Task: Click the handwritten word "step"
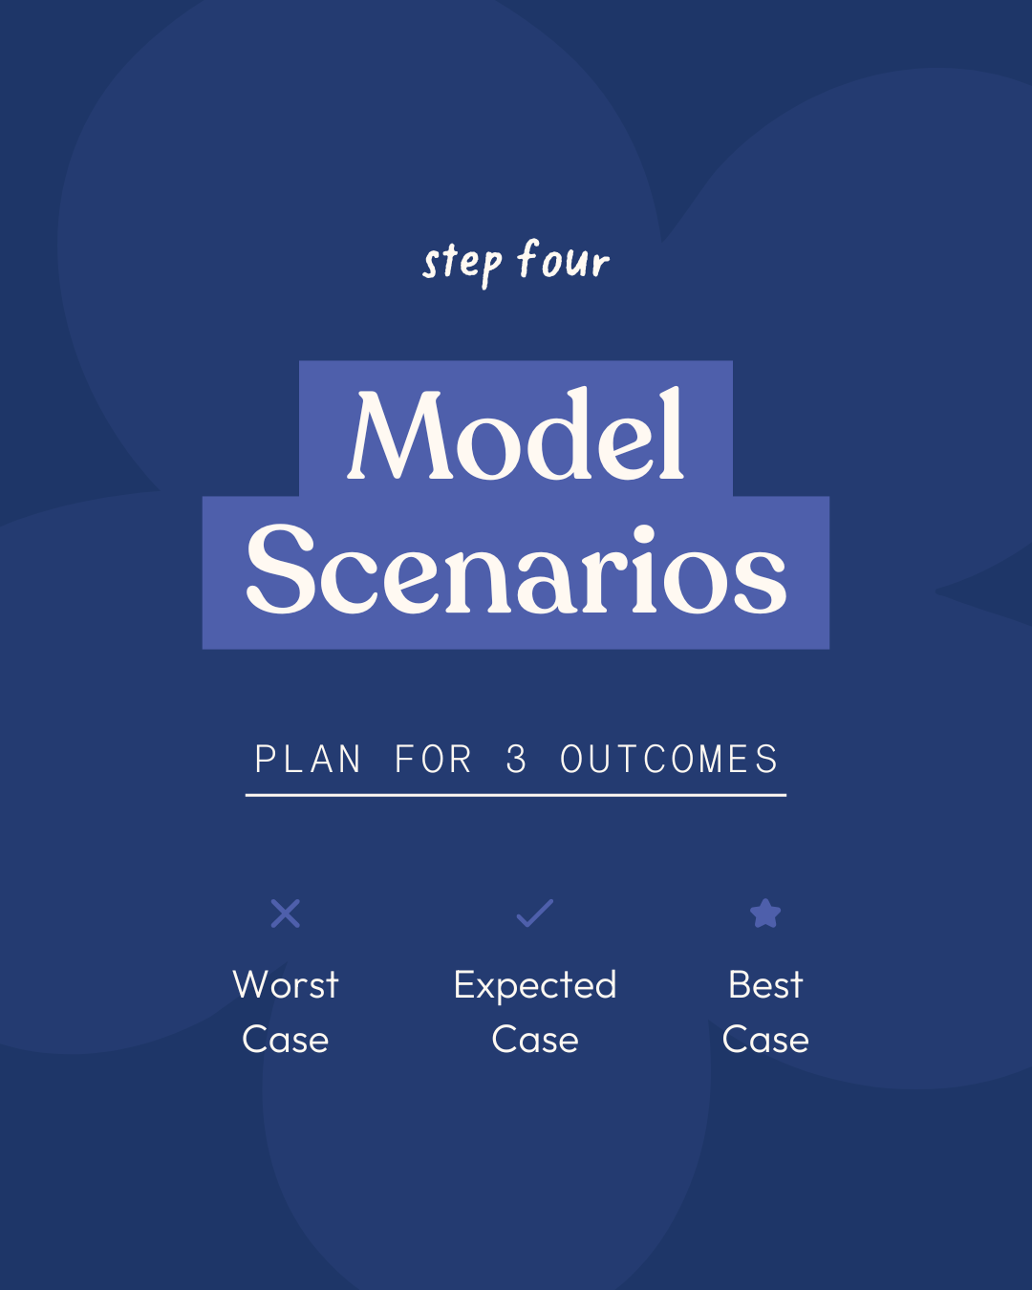(462, 264)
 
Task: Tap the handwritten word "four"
(564, 259)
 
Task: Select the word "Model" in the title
(516, 434)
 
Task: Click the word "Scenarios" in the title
(516, 569)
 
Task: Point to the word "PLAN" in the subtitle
(308, 759)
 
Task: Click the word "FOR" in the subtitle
(433, 759)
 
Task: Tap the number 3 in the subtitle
(516, 759)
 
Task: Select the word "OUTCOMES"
(669, 759)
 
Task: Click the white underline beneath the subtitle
(516, 795)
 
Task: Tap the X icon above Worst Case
(286, 914)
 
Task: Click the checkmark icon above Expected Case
(535, 913)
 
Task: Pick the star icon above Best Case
(765, 913)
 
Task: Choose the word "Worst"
(286, 985)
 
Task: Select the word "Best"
(765, 985)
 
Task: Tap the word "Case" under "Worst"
(286, 1040)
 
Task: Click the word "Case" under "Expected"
(535, 1040)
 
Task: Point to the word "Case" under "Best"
(765, 1040)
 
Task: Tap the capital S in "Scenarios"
(280, 569)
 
